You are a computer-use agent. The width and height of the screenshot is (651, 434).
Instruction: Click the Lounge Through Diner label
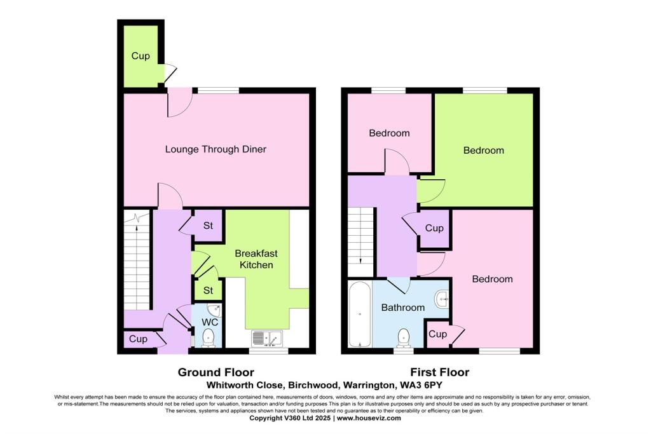[216, 149]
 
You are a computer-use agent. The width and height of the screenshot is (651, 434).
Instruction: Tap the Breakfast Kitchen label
[256, 259]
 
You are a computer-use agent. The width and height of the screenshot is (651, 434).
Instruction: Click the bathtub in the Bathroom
[360, 315]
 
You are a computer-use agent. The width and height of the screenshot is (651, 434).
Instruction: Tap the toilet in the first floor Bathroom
[403, 336]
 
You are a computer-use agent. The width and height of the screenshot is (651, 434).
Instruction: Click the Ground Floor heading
[216, 372]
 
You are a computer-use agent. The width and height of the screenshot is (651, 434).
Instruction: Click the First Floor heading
[440, 372]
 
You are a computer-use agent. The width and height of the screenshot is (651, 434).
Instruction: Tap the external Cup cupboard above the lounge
[140, 56]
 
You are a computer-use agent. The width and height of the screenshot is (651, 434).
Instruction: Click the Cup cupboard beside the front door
[138, 339]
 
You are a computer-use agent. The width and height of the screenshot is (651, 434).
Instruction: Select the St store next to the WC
[208, 290]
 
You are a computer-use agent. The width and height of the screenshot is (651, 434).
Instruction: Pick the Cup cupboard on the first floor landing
[434, 228]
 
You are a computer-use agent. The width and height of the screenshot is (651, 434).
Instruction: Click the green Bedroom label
[483, 151]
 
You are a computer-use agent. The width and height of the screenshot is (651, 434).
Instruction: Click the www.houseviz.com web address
[369, 418]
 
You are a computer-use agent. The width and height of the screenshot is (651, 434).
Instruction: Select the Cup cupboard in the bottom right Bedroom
[437, 334]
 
